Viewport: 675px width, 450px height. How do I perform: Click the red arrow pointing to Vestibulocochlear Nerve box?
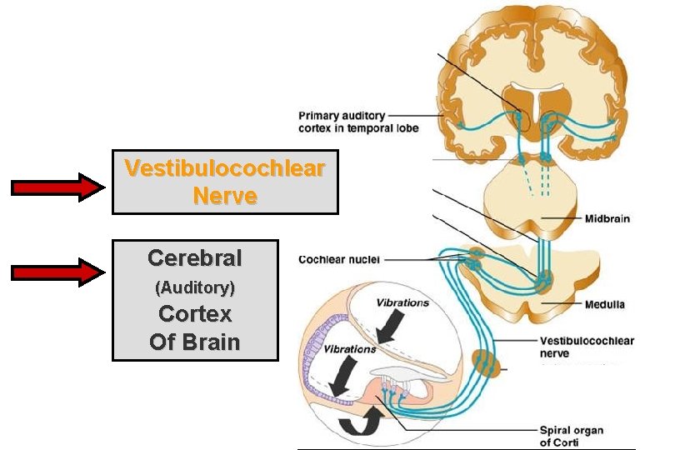56,187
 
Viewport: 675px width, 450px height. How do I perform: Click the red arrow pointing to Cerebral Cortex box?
56,272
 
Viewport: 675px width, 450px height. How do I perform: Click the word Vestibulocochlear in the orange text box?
225,168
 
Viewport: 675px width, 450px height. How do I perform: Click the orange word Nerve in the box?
225,196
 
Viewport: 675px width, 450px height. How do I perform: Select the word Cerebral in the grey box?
195,258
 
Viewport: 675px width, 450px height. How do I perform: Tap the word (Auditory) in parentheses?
195,288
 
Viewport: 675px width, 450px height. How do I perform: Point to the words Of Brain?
195,342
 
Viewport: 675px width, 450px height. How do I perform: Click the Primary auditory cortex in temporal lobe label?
358,122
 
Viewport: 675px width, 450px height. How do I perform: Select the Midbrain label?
607,219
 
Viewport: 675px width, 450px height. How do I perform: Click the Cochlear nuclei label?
339,259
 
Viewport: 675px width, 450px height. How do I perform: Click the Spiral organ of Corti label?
571,436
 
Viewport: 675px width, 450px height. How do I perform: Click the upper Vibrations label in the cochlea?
402,302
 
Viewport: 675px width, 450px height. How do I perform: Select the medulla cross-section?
533,283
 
